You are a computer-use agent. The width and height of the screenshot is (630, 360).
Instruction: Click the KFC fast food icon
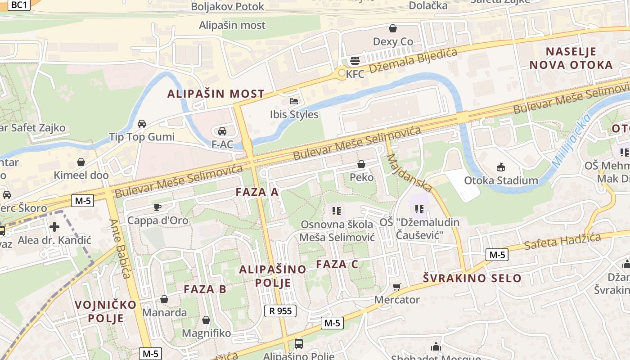355,61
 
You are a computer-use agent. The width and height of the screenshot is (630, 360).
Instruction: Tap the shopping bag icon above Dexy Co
393,28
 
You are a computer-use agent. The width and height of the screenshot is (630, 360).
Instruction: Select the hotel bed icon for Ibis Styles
294,101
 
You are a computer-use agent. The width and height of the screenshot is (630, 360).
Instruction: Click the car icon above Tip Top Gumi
141,123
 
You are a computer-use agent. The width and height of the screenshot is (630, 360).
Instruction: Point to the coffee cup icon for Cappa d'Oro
157,207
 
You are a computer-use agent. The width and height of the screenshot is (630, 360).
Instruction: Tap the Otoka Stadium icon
500,167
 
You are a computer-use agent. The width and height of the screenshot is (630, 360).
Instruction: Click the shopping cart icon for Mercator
396,287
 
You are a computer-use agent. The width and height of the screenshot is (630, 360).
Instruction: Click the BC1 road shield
19,4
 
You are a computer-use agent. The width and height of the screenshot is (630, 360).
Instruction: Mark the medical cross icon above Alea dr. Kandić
54,226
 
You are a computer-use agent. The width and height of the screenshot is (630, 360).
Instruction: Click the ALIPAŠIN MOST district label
216,94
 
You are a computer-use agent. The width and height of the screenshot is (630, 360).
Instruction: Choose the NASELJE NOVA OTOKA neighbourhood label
571,58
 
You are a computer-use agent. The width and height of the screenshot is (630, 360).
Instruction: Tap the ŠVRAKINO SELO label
472,278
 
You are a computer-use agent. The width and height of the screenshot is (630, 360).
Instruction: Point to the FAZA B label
205,289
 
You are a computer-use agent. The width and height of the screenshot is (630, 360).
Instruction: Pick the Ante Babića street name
119,248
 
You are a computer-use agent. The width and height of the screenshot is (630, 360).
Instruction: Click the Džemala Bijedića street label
413,61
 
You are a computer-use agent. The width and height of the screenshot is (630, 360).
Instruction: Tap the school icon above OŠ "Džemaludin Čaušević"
419,209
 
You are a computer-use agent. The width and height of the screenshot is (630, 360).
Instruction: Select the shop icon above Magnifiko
206,320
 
